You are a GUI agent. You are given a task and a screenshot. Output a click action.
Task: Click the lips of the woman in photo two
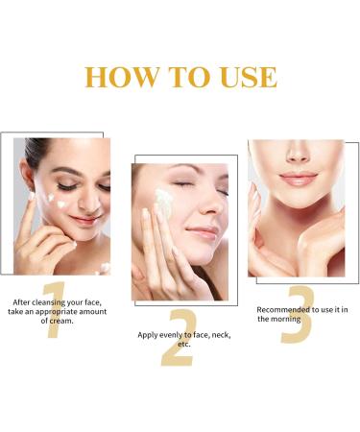(202, 233)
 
